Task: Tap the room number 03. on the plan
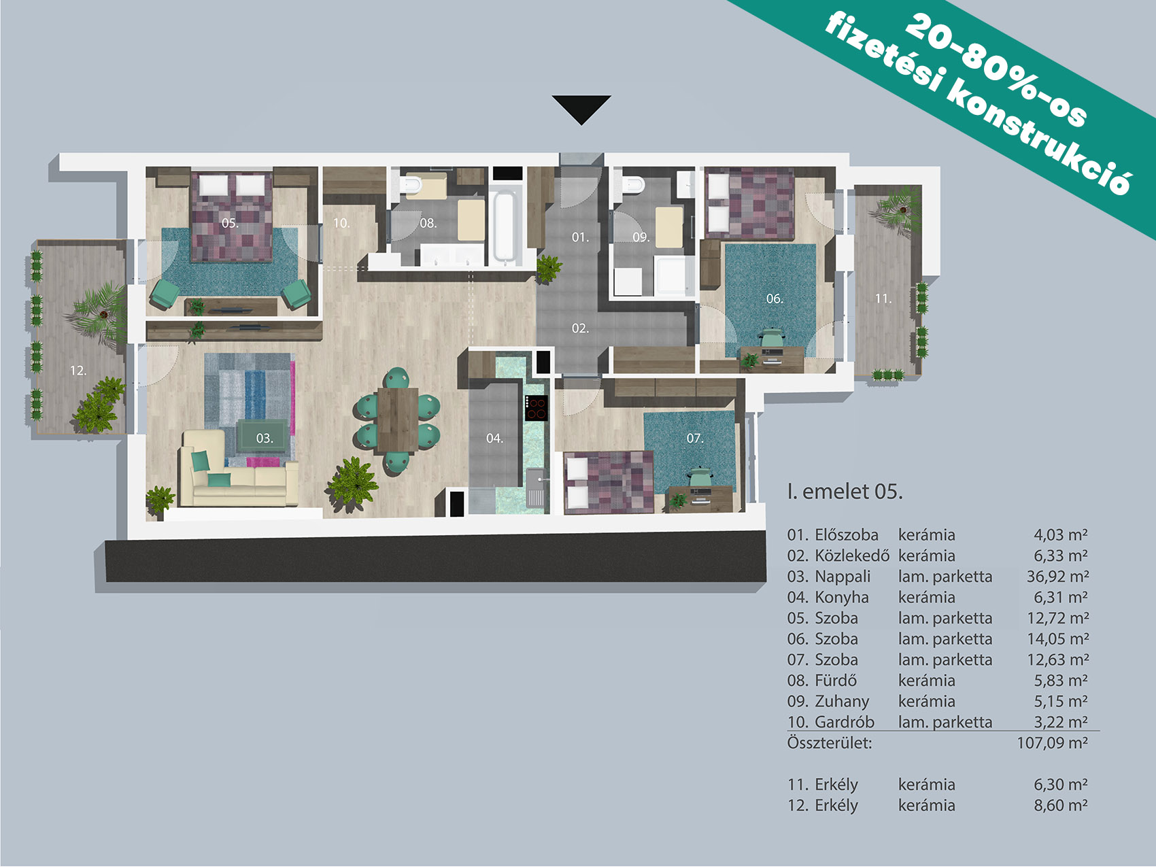pos(265,439)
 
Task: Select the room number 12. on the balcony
pos(78,371)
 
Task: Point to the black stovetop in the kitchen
pos(537,408)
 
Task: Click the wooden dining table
pos(398,419)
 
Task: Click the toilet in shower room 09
pos(634,184)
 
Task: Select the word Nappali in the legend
pos(843,577)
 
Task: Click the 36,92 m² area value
pos(1057,577)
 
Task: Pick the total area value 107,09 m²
pos(1053,743)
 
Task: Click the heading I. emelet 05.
pos(845,491)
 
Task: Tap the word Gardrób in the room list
pos(845,721)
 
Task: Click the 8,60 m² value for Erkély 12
pos(1061,805)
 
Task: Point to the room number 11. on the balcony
pos(883,299)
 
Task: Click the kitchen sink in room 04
pos(536,488)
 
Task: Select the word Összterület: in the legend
pos(830,743)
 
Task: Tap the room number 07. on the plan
pos(694,439)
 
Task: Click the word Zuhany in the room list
pos(842,701)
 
